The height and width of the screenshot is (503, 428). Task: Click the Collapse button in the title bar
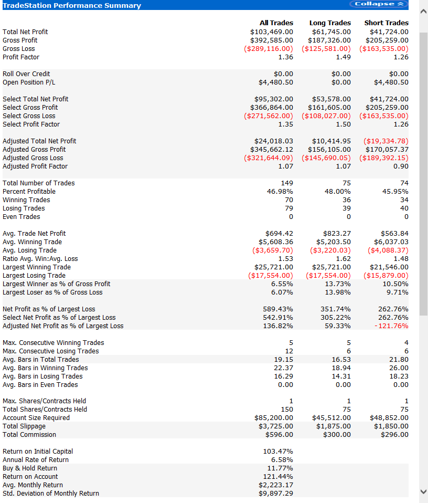(378, 4)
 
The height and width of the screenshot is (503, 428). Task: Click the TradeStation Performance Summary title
(72, 5)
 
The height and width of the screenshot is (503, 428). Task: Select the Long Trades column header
(330, 23)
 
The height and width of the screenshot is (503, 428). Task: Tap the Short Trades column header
(386, 23)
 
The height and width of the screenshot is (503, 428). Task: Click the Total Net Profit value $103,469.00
(272, 32)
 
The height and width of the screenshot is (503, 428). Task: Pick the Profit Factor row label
(21, 57)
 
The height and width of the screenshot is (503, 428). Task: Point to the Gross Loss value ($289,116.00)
(269, 49)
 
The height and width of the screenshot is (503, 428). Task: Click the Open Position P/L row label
(29, 82)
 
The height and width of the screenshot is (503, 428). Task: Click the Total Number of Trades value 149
(287, 183)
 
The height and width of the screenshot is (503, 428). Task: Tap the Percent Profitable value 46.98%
(280, 192)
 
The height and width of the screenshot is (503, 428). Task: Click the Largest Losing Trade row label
(34, 276)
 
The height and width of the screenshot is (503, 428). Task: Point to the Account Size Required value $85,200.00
(274, 418)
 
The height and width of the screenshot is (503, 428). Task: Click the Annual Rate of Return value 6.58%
(282, 460)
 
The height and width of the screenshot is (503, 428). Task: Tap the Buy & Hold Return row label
(30, 468)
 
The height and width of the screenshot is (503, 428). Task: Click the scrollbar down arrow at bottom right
(423, 491)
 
